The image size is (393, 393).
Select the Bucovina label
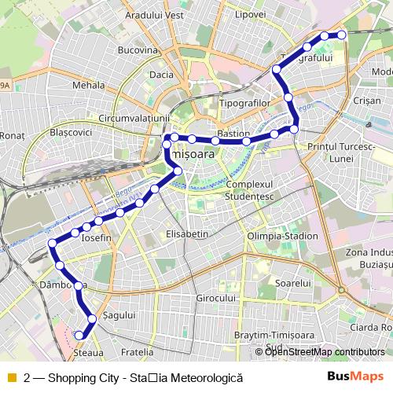pos(138,50)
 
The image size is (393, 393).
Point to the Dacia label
pos(160,75)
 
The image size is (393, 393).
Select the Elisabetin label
pos(187,234)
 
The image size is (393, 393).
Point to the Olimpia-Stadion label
pos(282,236)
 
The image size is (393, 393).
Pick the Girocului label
pos(216,299)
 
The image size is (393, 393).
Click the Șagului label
pos(120,314)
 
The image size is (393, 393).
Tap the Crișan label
pos(367,101)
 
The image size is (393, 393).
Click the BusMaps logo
pos(356,376)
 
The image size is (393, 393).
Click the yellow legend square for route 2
pos(11,377)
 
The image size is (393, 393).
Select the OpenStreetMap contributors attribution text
pos(325,352)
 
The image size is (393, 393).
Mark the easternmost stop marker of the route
pos(342,35)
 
